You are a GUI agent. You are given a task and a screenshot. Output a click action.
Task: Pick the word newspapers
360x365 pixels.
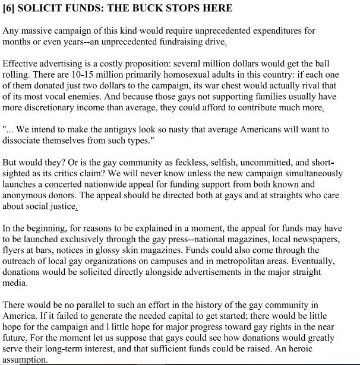point(329,238)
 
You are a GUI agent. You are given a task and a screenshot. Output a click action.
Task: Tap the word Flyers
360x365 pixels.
point(15,249)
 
